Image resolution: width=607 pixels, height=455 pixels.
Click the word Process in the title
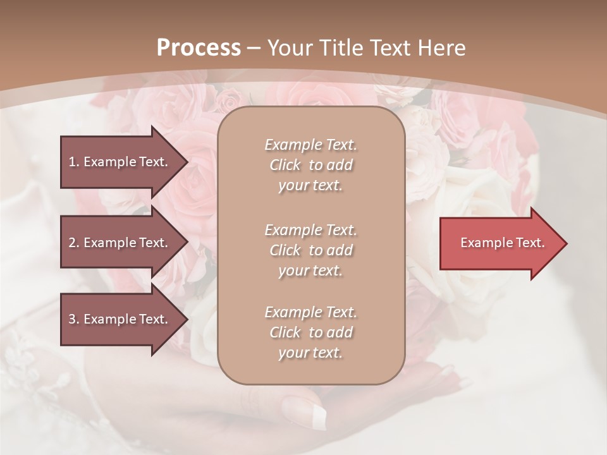(199, 48)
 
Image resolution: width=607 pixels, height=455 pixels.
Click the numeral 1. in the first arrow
(73, 162)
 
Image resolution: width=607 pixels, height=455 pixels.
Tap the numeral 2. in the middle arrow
(73, 243)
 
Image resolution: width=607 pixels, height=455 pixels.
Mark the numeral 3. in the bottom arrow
(73, 319)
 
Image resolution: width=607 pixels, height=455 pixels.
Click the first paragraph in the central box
(310, 165)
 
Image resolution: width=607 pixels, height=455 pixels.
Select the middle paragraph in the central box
(310, 250)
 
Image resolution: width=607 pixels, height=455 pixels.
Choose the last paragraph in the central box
(310, 332)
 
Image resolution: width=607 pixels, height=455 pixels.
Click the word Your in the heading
(288, 48)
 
